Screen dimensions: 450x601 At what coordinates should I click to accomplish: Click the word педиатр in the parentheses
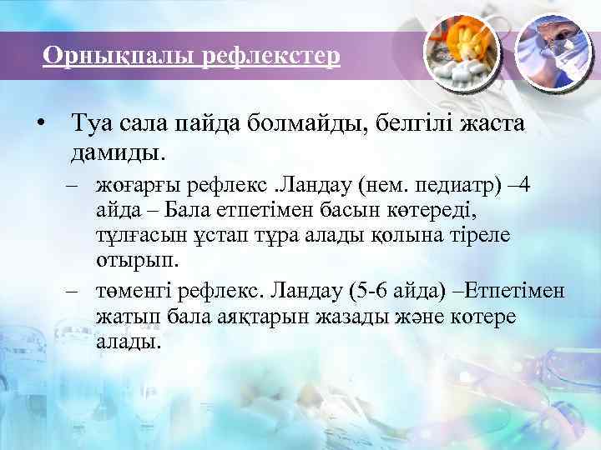coord(454,182)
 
